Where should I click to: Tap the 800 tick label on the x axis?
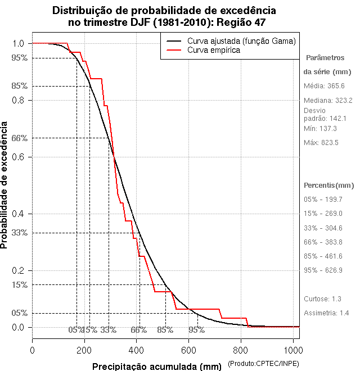click(241, 350)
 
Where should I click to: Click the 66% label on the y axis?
click(20, 138)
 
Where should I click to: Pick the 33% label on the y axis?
click(20, 232)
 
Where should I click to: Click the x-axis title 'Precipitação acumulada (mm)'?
click(157, 367)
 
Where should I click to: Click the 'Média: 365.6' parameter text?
click(324, 86)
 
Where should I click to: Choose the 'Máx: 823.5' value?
click(321, 143)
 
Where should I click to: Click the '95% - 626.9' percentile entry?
click(323, 270)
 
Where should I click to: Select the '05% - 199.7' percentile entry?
click(323, 200)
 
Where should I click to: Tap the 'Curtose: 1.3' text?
click(322, 299)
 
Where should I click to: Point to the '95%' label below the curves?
click(196, 330)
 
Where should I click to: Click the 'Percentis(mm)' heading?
click(329, 185)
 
